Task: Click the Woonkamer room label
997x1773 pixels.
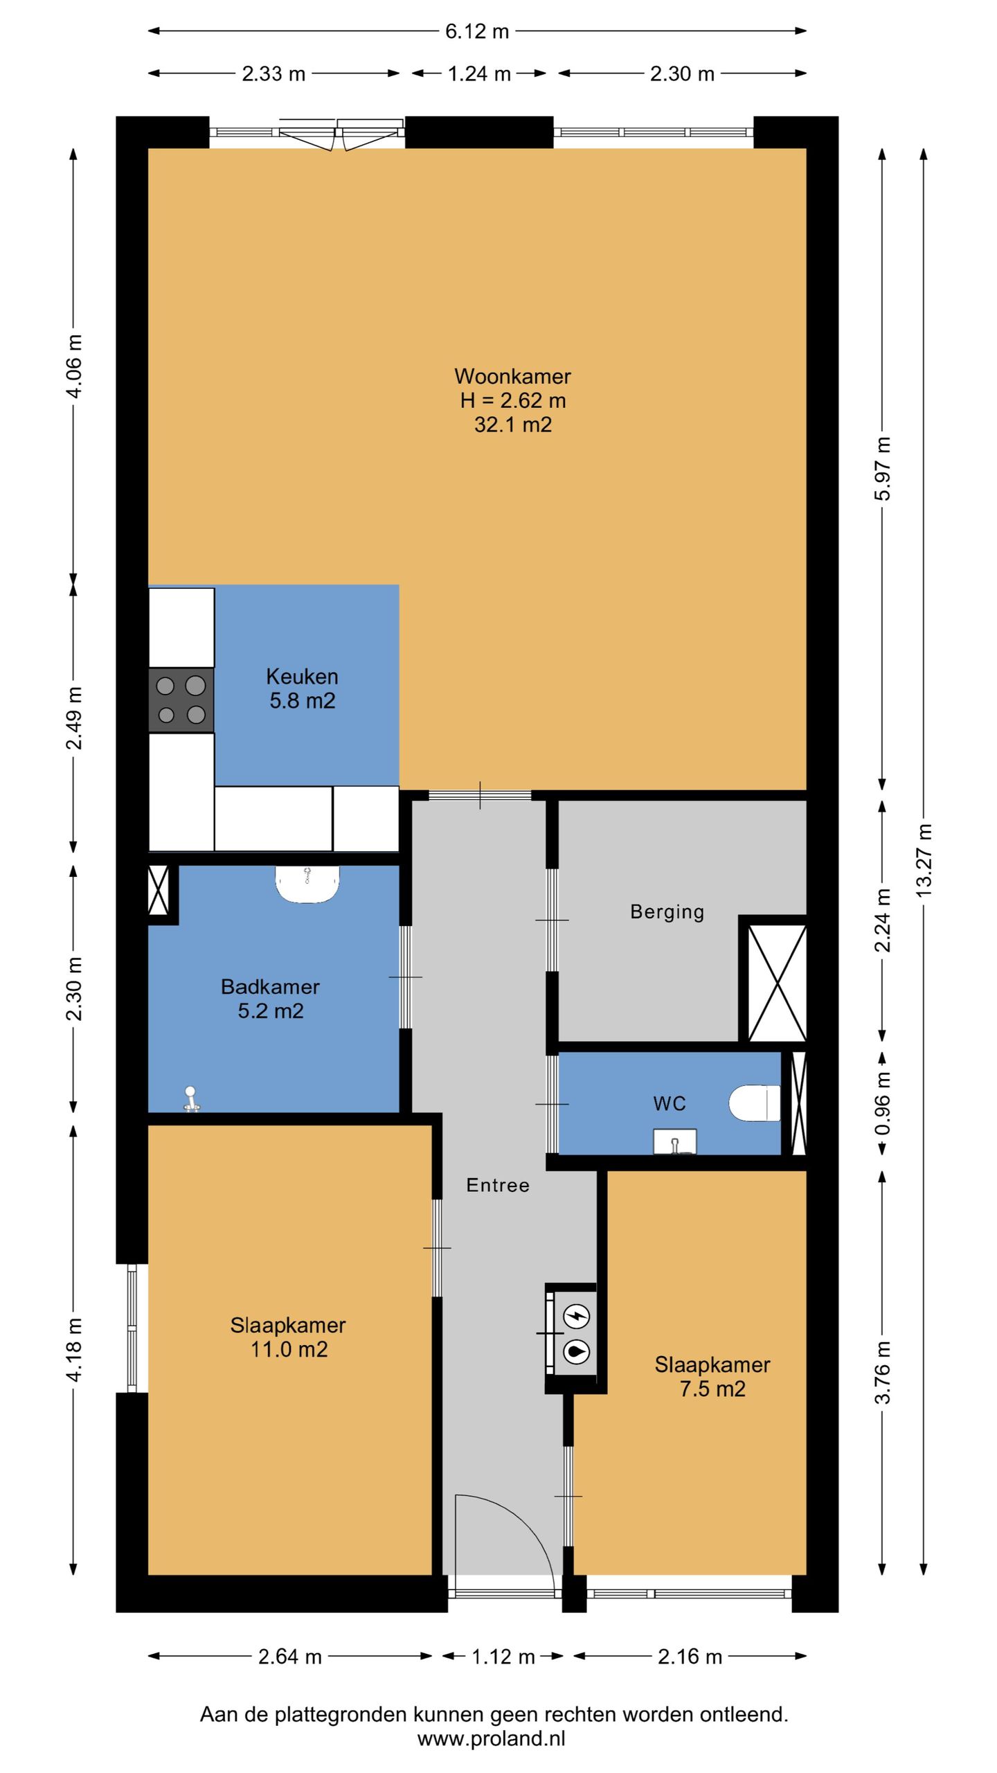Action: pos(512,376)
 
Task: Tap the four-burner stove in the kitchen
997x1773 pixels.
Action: pos(181,700)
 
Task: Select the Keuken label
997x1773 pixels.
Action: pos(302,676)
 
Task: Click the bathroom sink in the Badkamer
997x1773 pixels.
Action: pos(307,884)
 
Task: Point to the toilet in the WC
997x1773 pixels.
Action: pos(755,1103)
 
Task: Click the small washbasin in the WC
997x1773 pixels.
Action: pos(675,1141)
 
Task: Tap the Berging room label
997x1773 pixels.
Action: pos(667,912)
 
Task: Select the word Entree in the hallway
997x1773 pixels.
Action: pos(498,1185)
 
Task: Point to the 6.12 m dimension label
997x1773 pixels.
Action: pos(477,31)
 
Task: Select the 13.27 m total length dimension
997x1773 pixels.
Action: pos(924,859)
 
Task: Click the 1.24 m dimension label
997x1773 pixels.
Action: pos(479,73)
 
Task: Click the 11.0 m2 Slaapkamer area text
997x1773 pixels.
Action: pos(289,1349)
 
